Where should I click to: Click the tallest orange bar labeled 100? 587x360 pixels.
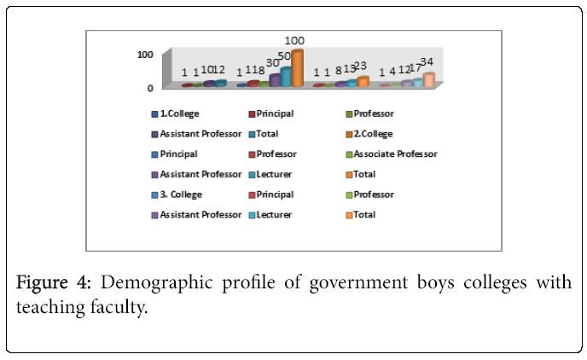coord(298,69)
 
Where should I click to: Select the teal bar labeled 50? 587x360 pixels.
coord(286,77)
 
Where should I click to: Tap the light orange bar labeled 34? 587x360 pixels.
coord(428,79)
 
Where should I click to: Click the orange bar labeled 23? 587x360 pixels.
coord(363,82)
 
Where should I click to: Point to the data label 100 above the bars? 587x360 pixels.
coord(294,41)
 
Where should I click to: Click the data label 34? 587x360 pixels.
coord(427,62)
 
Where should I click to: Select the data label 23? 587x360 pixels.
coord(360,66)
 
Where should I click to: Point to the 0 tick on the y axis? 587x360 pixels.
coord(149,87)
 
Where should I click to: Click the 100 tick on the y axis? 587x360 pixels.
coord(145,54)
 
